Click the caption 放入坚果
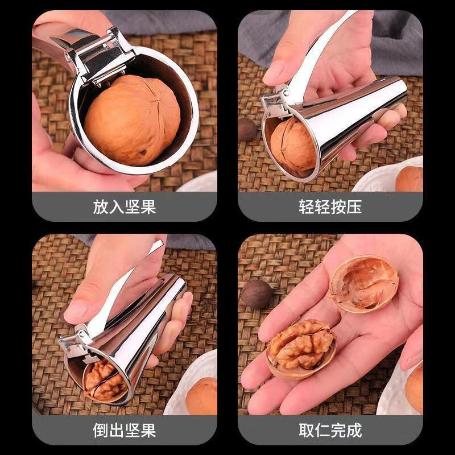pyautogui.click(x=124, y=206)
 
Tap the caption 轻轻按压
pyautogui.click(x=330, y=206)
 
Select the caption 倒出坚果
pyautogui.click(x=124, y=430)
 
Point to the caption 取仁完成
pyautogui.click(x=330, y=430)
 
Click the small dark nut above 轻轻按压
pyautogui.click(x=247, y=130)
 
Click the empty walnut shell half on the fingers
pyautogui.click(x=363, y=283)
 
